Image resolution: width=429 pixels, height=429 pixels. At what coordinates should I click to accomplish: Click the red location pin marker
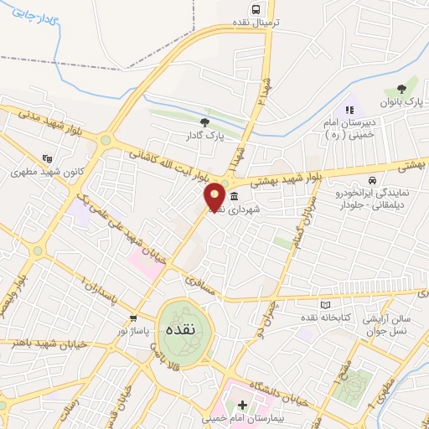pos(215,197)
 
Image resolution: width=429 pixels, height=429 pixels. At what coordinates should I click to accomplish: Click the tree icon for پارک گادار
pos(204,122)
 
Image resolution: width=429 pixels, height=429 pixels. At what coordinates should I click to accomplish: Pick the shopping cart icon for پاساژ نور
pos(133,318)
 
